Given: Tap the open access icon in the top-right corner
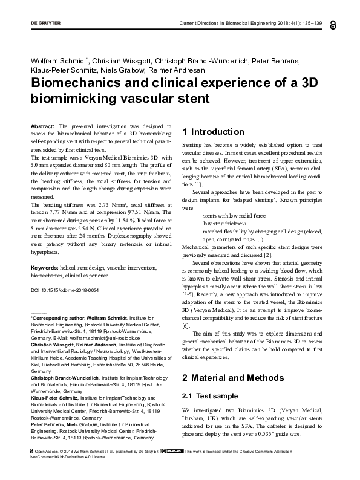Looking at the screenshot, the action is (x=333, y=25).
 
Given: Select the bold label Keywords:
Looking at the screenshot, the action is (x=45, y=267).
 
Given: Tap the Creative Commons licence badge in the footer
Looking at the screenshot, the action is (x=169, y=468).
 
